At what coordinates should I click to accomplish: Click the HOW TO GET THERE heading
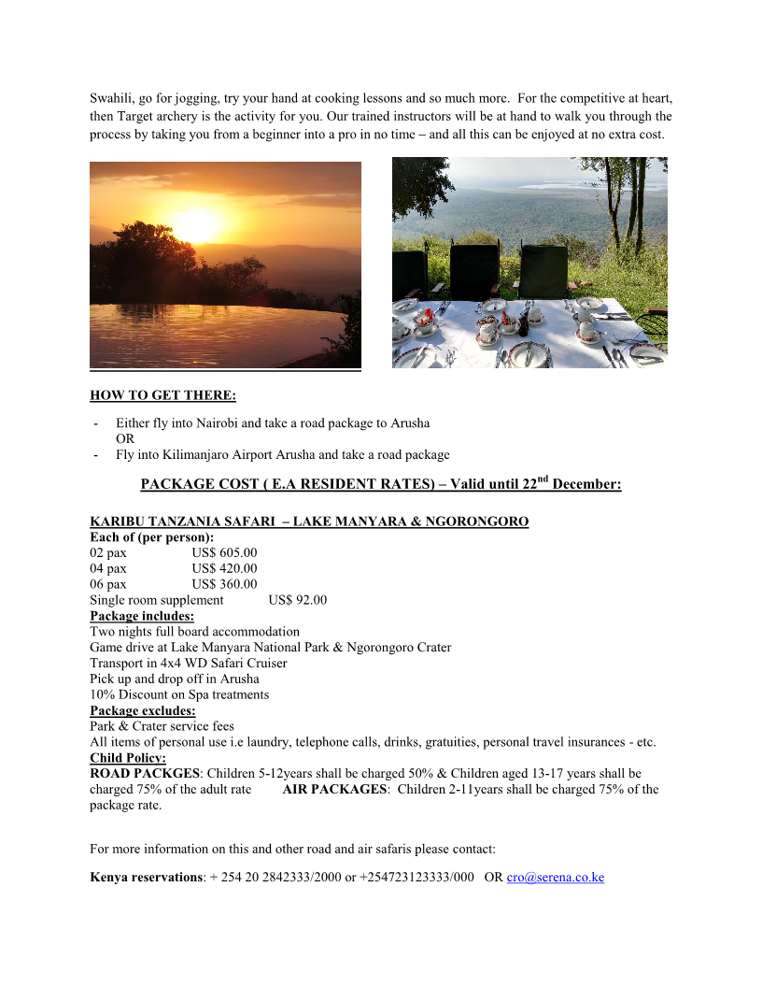click(x=162, y=395)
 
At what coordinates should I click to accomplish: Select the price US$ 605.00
click(x=224, y=552)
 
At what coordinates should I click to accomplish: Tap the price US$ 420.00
click(x=224, y=568)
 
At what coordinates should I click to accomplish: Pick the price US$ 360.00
click(x=224, y=584)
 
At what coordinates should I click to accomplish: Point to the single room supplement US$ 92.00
click(x=297, y=600)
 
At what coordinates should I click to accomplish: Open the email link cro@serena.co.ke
click(x=555, y=878)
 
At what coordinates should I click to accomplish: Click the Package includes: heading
click(x=142, y=616)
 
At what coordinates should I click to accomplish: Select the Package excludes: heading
click(x=142, y=710)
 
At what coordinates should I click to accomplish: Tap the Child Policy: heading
click(x=127, y=758)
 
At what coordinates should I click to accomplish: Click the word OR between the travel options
click(x=125, y=438)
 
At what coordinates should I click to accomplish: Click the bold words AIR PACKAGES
click(x=334, y=790)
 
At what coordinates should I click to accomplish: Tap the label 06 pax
click(x=108, y=584)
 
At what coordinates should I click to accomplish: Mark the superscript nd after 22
click(x=543, y=479)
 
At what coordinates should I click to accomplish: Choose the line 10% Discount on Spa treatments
click(x=179, y=694)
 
